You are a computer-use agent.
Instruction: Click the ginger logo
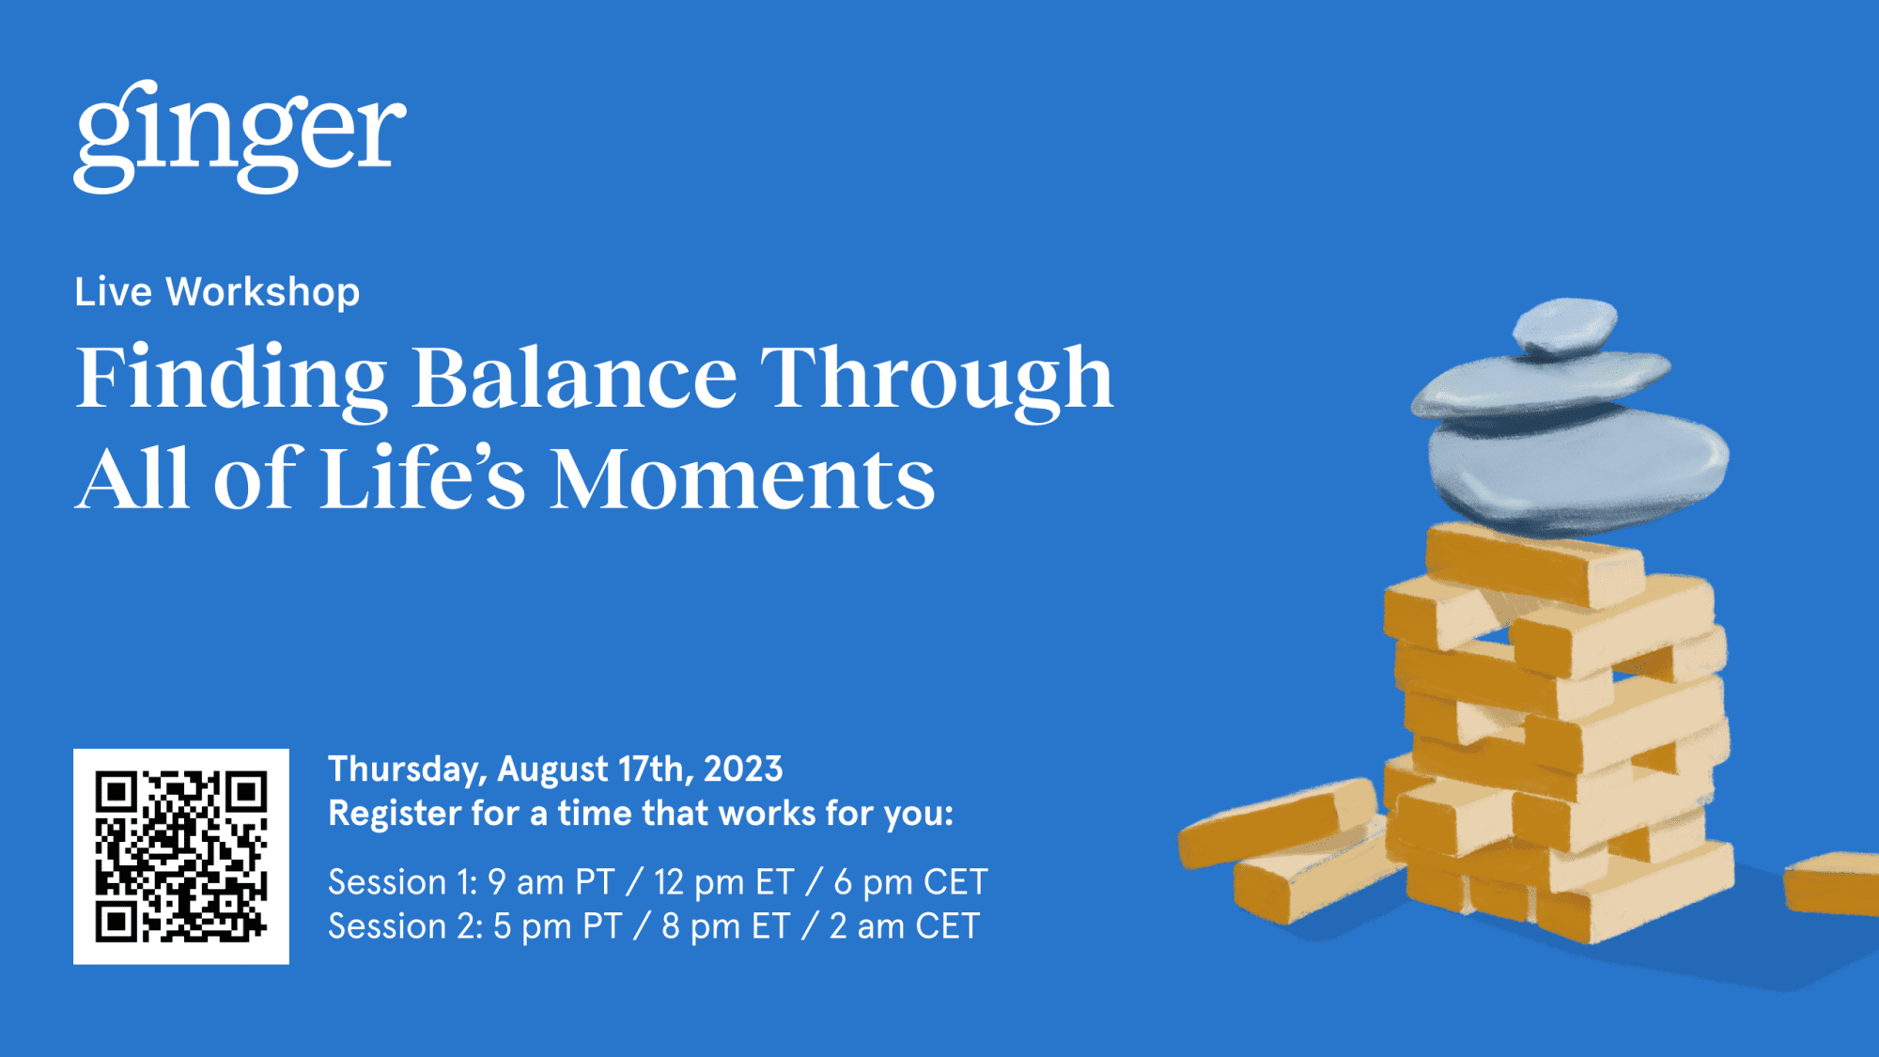point(240,136)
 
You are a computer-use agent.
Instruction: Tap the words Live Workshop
point(217,292)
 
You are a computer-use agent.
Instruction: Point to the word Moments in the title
point(742,480)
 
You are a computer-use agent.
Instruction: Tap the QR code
point(181,856)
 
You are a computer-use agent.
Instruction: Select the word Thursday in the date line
point(405,769)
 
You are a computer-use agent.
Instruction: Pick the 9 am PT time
point(551,882)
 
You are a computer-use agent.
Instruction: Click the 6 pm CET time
point(909,882)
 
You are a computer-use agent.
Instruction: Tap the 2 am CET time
point(903,926)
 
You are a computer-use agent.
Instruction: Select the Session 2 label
point(404,926)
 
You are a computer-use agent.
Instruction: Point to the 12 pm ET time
point(723,882)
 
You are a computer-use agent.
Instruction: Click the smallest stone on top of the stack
point(1565,326)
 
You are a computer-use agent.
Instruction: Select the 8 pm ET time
point(725,926)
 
